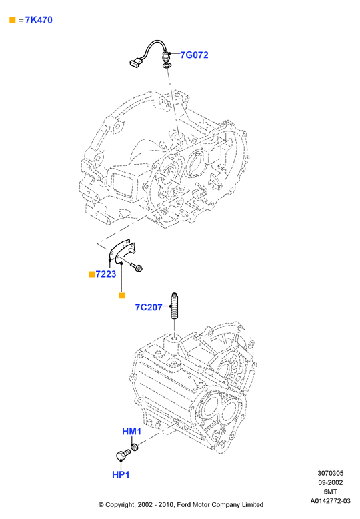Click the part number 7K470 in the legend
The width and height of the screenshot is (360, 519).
click(39, 20)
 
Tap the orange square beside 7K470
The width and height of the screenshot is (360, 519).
click(13, 20)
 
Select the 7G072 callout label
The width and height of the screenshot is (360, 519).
click(194, 55)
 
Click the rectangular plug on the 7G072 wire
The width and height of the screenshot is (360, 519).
click(135, 63)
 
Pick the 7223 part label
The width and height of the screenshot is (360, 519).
click(106, 274)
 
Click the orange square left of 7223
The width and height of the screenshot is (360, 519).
click(92, 274)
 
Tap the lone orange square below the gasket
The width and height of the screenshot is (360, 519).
click(122, 296)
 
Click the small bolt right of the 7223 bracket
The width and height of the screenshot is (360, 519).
click(136, 266)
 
